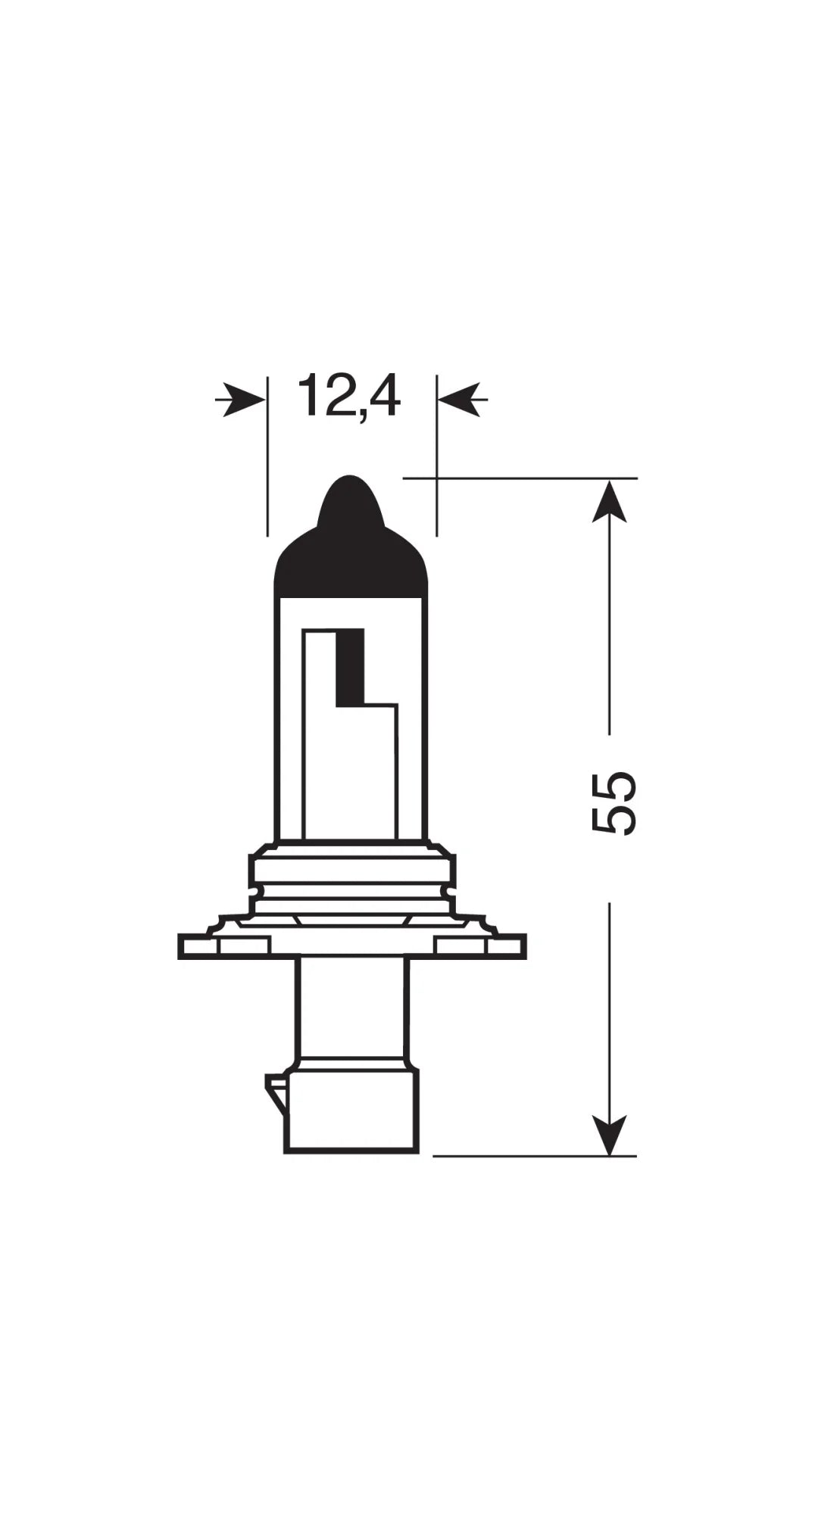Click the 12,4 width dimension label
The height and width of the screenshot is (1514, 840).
coord(348,395)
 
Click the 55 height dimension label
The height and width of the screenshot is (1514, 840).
coord(612,803)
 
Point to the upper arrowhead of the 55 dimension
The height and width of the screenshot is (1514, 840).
coord(609,502)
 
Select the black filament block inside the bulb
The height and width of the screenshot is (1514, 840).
coord(350,666)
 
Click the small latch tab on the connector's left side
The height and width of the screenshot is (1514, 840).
coord(276,1095)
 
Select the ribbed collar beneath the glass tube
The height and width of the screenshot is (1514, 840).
coord(351,878)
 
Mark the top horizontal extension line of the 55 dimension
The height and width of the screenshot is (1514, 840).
coord(523,478)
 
